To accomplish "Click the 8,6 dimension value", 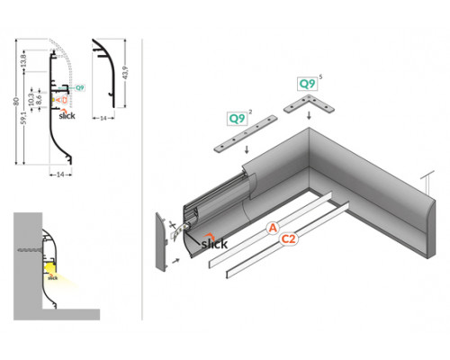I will (x=50, y=97).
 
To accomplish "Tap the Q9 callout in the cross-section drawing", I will (x=79, y=87).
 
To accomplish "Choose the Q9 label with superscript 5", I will (x=307, y=84).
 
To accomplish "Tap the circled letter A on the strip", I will (x=272, y=229).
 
